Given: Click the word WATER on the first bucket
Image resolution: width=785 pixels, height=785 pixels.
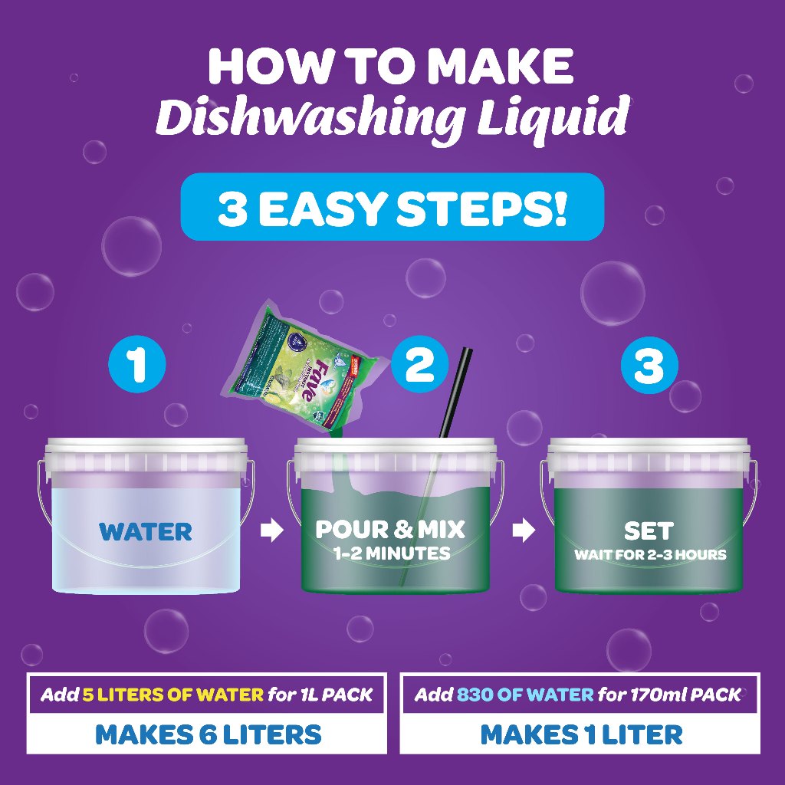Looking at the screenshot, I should (146, 531).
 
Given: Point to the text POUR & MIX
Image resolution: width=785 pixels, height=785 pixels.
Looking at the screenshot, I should (390, 529).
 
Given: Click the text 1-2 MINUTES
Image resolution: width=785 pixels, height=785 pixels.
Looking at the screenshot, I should (391, 553).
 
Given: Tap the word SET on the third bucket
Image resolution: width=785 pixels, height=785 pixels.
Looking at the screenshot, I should (649, 530).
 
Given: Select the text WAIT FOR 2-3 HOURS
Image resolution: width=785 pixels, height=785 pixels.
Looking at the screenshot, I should (650, 554).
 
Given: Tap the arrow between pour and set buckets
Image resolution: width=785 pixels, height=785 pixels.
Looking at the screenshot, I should (523, 531).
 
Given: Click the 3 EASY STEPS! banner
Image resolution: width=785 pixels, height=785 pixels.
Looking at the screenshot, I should (392, 208).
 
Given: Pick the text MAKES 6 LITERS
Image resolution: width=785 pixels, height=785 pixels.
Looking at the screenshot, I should (208, 734).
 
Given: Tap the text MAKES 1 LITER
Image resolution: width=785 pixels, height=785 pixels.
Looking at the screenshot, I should (581, 734).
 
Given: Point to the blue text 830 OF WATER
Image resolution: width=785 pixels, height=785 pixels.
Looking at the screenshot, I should (525, 695).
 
